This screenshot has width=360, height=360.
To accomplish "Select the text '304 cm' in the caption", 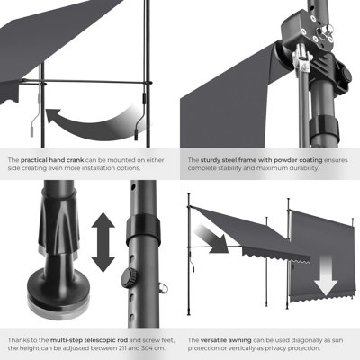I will click(x=160, y=347).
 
